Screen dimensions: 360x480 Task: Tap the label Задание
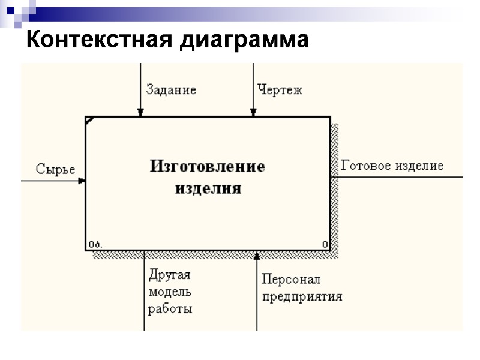tap(171, 90)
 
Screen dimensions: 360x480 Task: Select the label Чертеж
tap(280, 90)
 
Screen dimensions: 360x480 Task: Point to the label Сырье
tap(55, 169)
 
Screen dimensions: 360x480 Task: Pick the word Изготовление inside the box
tap(207, 166)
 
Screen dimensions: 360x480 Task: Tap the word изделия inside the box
tap(208, 188)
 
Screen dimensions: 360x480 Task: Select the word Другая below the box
tap(169, 275)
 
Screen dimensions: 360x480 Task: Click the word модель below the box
tap(170, 292)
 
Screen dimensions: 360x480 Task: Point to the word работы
tap(170, 310)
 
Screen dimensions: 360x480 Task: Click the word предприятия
tap(302, 296)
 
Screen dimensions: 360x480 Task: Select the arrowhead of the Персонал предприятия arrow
tap(257, 255)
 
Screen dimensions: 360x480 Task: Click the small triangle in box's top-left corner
tap(89, 120)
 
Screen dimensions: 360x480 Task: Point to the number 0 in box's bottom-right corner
tap(325, 244)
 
